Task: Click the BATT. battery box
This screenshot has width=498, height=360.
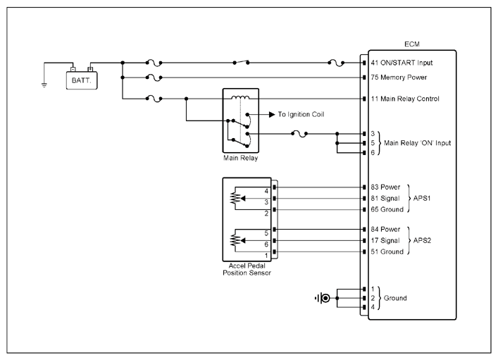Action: (82, 80)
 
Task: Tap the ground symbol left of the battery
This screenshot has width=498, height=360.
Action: (44, 85)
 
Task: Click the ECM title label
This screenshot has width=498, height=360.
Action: (412, 44)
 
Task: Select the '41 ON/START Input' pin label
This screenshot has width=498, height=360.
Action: (401, 63)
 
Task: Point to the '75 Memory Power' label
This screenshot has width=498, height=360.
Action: (399, 77)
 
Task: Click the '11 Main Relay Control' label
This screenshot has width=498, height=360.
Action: (405, 99)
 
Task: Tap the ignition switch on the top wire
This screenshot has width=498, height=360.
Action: (241, 62)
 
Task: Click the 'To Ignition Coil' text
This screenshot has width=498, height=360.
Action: (301, 114)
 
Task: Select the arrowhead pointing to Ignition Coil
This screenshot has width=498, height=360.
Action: (272, 114)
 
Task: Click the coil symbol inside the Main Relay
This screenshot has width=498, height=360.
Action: (240, 97)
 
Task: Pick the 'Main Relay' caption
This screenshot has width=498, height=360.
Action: (240, 158)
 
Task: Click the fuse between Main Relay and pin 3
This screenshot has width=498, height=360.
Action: (299, 134)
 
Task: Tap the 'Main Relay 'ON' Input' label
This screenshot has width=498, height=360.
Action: (417, 143)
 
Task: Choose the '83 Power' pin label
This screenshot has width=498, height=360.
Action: (385, 187)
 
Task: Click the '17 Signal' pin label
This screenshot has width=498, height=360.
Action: (385, 240)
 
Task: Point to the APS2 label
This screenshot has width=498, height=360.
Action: (422, 240)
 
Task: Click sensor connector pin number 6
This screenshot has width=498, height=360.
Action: (266, 244)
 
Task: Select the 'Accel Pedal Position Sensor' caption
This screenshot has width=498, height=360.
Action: (247, 269)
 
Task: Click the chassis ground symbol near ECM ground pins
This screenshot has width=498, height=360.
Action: (323, 299)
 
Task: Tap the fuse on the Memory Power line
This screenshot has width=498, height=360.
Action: (154, 77)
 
